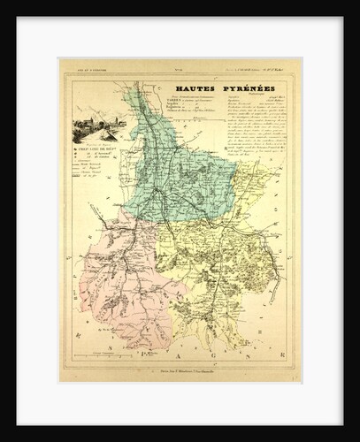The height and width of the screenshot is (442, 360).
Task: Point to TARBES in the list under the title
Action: (183, 103)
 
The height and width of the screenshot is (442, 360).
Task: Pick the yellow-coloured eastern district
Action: (221, 256)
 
